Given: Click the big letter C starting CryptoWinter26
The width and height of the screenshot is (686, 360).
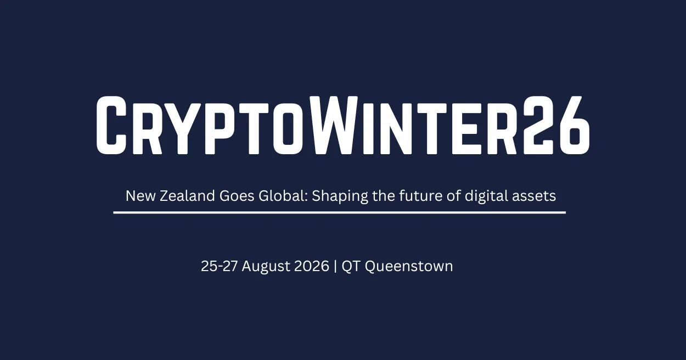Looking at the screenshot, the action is click(111, 125).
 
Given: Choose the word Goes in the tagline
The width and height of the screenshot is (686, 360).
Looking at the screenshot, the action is click(237, 196).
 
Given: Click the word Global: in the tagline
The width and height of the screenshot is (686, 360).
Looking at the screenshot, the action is click(283, 196).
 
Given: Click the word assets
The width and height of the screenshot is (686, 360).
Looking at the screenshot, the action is click(534, 196).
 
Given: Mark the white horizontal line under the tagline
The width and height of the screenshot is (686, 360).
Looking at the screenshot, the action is click(339, 212).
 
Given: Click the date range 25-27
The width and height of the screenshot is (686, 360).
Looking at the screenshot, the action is click(220, 266).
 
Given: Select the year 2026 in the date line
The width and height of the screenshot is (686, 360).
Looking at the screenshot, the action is click(312, 266).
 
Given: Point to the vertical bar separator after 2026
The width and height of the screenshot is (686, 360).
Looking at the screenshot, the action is click(335, 266).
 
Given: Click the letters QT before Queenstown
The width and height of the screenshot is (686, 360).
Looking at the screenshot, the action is click(351, 266).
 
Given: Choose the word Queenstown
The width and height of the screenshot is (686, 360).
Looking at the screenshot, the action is click(409, 266).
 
